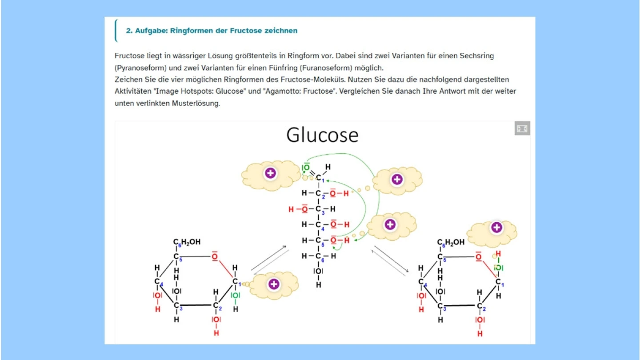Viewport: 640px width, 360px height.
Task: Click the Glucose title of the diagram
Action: point(322,135)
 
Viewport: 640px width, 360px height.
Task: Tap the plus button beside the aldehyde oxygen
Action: point(271,173)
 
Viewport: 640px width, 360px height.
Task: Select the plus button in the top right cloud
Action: point(397,180)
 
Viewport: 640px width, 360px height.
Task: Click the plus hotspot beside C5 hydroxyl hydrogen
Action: point(390,224)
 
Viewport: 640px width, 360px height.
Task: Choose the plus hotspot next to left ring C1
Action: point(274,284)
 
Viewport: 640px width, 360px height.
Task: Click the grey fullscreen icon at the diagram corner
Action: point(522,128)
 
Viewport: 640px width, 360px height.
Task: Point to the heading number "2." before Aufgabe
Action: point(129,31)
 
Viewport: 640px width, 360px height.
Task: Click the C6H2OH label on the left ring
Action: point(187,242)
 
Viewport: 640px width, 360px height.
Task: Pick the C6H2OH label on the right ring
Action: point(451,243)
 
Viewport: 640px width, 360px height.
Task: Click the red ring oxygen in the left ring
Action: point(215,256)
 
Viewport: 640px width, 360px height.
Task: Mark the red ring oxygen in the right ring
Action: point(478,256)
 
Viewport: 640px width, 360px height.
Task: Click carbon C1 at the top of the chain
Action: point(318,178)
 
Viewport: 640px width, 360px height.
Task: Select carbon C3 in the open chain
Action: point(318,209)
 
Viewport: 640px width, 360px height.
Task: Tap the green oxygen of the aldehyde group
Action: point(306,167)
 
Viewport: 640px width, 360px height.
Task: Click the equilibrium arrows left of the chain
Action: point(269,261)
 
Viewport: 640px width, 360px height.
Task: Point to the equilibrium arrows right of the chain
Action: point(391,260)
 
